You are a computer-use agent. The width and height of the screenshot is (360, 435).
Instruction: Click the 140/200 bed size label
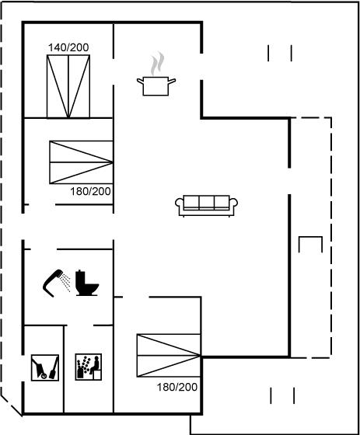pyautogui.click(x=68, y=47)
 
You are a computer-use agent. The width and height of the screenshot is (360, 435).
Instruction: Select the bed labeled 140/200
pyautogui.click(x=68, y=86)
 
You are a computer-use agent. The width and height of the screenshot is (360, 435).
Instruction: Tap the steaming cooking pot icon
pyautogui.click(x=156, y=75)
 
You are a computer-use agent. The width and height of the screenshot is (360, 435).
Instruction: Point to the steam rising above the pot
pyautogui.click(x=158, y=64)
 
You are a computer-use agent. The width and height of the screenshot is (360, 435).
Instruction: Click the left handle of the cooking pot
pyautogui.click(x=140, y=81)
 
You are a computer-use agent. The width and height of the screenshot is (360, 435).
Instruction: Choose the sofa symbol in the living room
pyautogui.click(x=206, y=206)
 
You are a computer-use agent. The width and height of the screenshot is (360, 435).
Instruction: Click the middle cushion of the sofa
pyautogui.click(x=206, y=202)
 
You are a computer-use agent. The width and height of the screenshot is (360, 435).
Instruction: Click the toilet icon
pyautogui.click(x=87, y=283)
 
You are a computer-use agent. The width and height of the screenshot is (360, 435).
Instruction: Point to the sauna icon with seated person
pyautogui.click(x=89, y=367)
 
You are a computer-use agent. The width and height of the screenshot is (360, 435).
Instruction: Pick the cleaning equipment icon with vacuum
pyautogui.click(x=45, y=367)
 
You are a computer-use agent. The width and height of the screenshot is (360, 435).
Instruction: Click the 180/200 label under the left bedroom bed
pyautogui.click(x=90, y=191)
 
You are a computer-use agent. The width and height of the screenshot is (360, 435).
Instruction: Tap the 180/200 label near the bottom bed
pyautogui.click(x=177, y=387)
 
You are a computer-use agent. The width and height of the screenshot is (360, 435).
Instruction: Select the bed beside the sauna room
pyautogui.click(x=169, y=356)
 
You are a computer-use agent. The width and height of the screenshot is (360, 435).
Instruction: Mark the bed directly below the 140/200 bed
pyautogui.click(x=81, y=162)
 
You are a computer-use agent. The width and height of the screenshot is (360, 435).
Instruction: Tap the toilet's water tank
pyautogui.click(x=81, y=279)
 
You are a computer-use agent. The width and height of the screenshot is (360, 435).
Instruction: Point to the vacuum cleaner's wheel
pyautogui.click(x=44, y=376)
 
